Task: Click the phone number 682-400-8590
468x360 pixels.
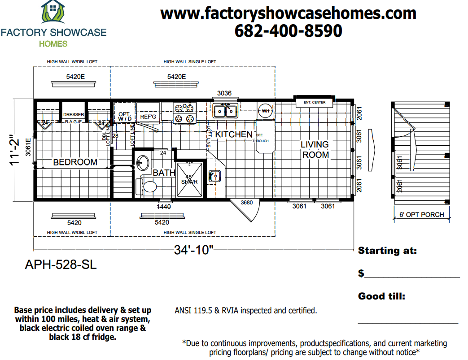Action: point(288,30)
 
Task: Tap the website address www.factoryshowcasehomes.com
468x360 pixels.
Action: point(288,13)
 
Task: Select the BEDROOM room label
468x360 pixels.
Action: point(75,162)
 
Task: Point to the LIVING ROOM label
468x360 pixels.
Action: point(315,150)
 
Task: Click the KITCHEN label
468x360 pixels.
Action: point(234,134)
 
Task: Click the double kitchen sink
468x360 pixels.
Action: point(225,110)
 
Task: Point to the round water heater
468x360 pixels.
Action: point(265,110)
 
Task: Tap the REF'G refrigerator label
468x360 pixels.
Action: point(148,117)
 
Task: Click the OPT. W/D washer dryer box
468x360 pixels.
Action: point(124,116)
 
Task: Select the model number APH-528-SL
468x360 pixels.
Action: point(61,265)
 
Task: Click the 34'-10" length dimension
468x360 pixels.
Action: point(193,250)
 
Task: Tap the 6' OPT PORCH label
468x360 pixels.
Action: point(421,215)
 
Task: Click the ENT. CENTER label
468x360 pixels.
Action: point(314,103)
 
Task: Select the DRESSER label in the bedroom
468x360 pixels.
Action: point(73,115)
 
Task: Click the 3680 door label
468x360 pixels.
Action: point(247,203)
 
